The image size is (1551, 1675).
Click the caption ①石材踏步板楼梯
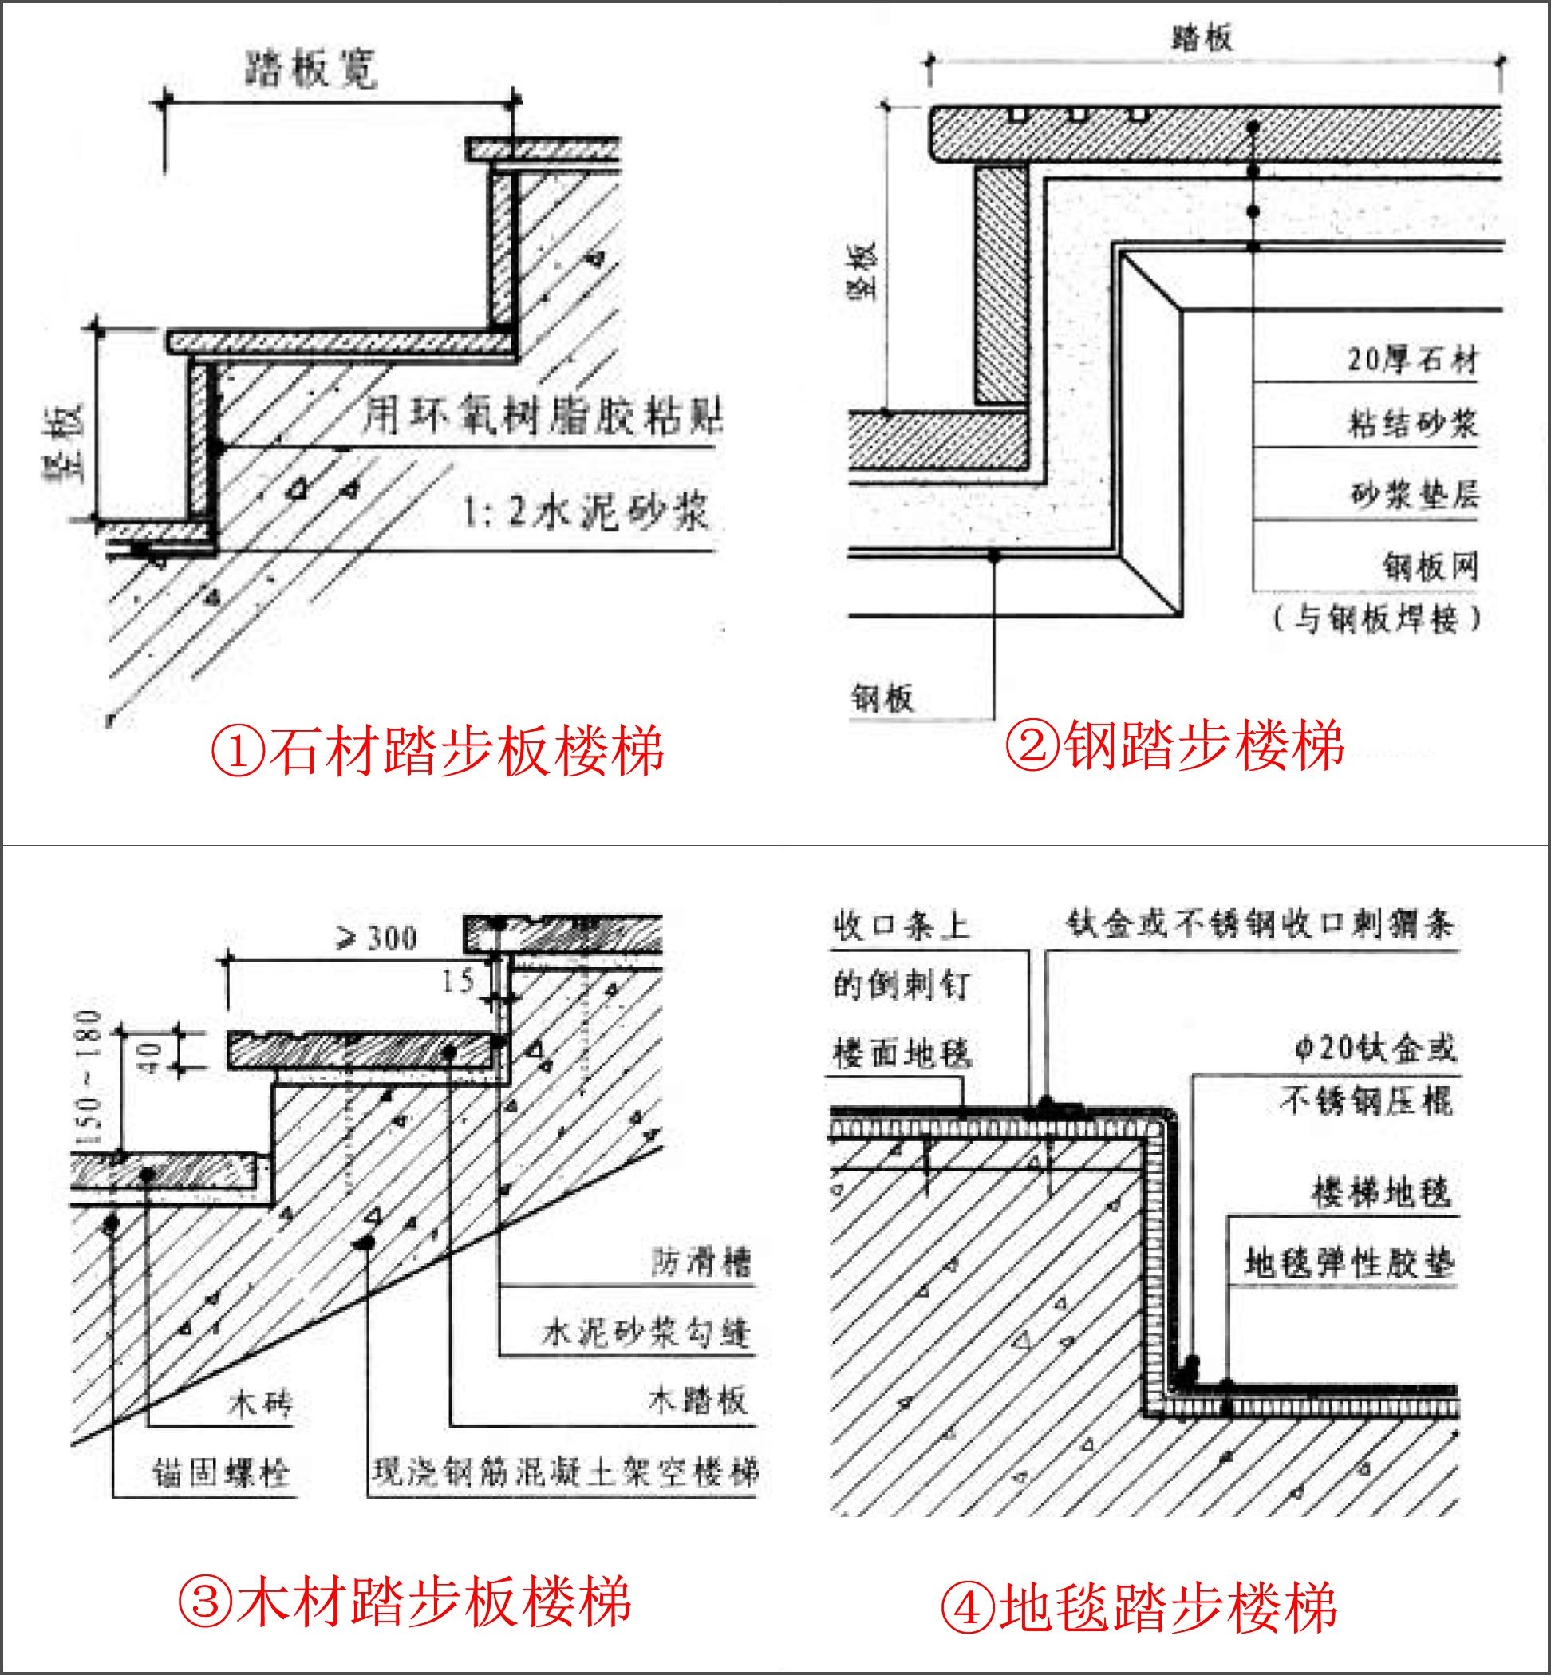click(x=437, y=750)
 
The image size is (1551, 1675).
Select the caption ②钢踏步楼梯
click(x=1174, y=745)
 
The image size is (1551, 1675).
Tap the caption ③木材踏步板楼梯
click(x=405, y=1601)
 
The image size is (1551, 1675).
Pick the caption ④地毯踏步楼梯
click(x=1138, y=1608)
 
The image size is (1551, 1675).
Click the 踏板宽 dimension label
click(x=311, y=69)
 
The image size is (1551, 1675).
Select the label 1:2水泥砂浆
click(x=585, y=511)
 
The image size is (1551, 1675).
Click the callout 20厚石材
click(x=1411, y=359)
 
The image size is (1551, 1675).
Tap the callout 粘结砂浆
click(x=1412, y=423)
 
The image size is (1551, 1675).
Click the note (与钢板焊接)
click(x=1377, y=618)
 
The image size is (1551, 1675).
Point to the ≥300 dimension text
click(x=377, y=938)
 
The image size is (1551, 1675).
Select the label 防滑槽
click(x=701, y=1262)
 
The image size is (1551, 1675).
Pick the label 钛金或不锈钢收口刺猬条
click(x=1260, y=923)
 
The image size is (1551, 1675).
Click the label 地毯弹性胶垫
click(x=1348, y=1262)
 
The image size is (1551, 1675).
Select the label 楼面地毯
click(x=902, y=1053)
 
